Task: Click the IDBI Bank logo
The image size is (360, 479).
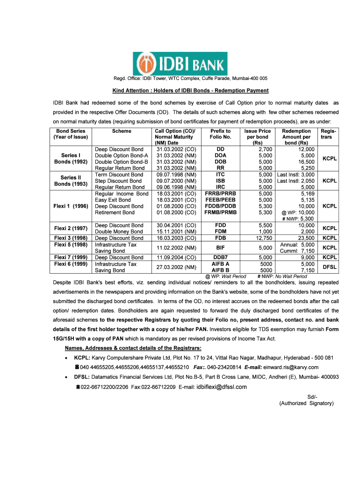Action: coord(180,64)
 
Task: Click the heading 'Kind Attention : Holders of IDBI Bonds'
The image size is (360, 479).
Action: coord(190,90)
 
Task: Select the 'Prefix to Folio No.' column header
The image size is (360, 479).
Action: coord(220,134)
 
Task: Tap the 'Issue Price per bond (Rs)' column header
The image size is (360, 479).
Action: coord(258,137)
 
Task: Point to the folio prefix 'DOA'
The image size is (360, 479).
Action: coord(220,155)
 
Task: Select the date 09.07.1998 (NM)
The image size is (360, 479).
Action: coord(176,174)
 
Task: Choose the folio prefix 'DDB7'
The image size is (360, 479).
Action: coord(220,257)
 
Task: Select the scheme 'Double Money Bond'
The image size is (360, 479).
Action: coord(119,232)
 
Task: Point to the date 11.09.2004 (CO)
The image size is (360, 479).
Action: coord(176,257)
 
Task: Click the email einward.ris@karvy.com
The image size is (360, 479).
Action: coord(291,367)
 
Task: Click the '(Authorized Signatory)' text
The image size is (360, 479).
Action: coord(306,403)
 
